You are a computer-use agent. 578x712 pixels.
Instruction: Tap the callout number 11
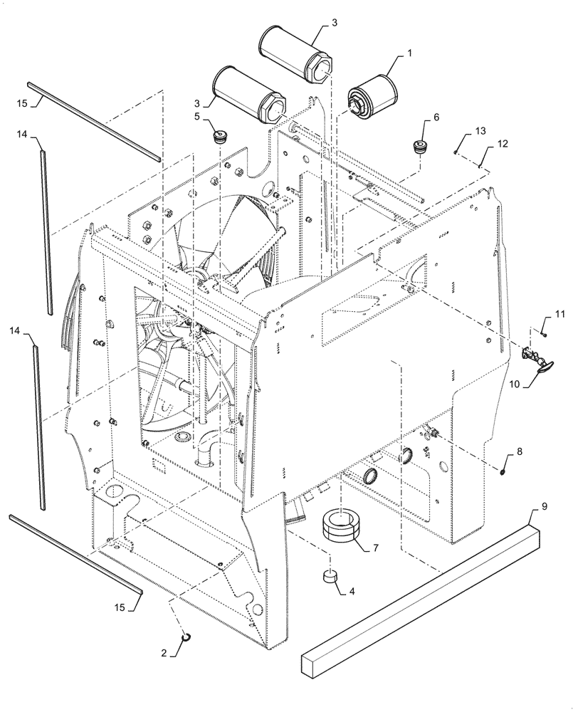point(559,314)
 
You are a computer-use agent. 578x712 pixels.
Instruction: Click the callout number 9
point(544,507)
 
